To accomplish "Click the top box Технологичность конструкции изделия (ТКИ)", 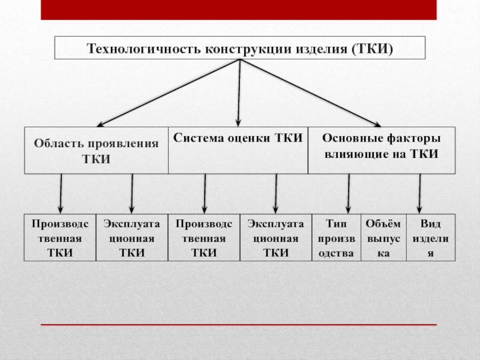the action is click(x=239, y=48).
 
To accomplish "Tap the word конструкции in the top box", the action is click(x=248, y=49).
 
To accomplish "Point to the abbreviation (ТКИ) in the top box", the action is click(x=372, y=49).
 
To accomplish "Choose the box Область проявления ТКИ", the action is click(x=96, y=151).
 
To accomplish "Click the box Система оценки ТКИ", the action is click(x=238, y=151).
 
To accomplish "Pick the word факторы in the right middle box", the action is click(x=414, y=139).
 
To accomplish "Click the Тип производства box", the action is click(x=336, y=238).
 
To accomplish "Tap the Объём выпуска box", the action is click(x=383, y=238).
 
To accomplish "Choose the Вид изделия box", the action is click(x=431, y=238).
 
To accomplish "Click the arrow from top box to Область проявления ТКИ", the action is click(x=169, y=93).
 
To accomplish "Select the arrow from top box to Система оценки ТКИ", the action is click(x=239, y=93).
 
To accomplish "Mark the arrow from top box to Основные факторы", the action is click(x=311, y=93).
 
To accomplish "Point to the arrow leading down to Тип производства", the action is click(x=349, y=194).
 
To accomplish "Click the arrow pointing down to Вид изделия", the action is click(x=419, y=194).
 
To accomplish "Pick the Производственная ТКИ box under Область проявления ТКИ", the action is click(x=60, y=238).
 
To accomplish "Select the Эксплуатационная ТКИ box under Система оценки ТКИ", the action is click(x=276, y=238).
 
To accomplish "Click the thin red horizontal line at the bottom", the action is click(x=238, y=325).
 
